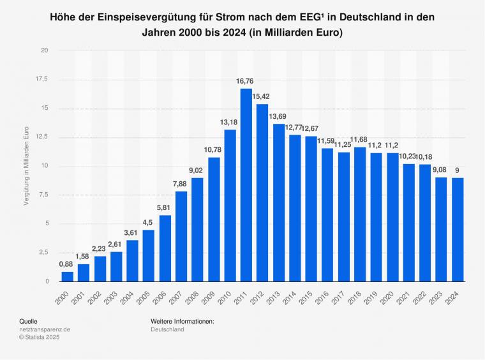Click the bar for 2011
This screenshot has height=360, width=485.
pos(246,185)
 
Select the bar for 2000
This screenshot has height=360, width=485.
pos(67,276)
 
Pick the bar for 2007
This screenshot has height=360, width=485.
pos(181,236)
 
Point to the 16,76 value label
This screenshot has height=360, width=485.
pos(246,81)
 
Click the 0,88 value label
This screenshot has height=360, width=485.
pos(67,264)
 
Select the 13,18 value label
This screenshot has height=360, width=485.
pos(229,123)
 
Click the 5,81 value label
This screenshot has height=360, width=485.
pos(165,207)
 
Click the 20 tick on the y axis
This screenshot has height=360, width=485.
pos(44,50)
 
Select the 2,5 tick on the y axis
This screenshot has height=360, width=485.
pos(42,252)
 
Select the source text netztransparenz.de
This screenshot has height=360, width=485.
pos(46,329)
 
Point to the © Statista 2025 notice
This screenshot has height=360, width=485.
pos(41,338)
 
